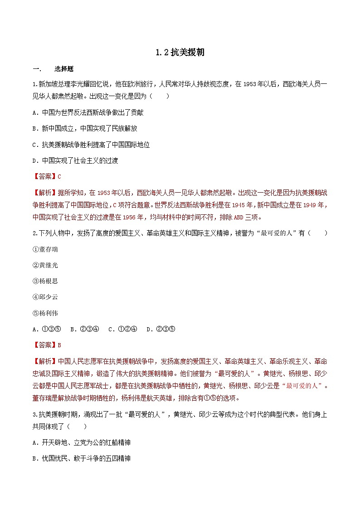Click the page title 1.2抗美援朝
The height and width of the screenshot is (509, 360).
180,53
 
